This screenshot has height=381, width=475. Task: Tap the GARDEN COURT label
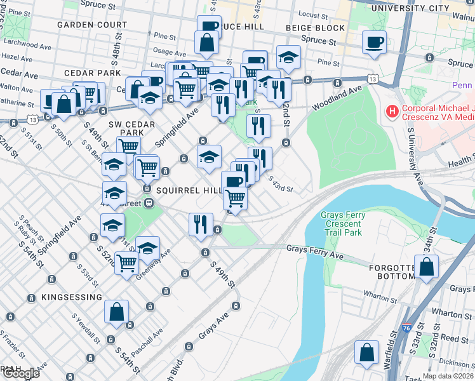(x=92, y=25)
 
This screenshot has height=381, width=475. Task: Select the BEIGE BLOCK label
(x=315, y=28)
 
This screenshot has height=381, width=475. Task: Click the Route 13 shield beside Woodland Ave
(x=374, y=79)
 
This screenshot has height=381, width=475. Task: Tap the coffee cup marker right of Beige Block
(x=374, y=43)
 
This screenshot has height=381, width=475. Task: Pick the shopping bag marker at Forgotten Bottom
(x=427, y=267)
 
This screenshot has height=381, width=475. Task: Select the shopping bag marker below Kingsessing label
(x=117, y=312)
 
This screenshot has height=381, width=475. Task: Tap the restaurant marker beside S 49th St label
(x=200, y=225)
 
